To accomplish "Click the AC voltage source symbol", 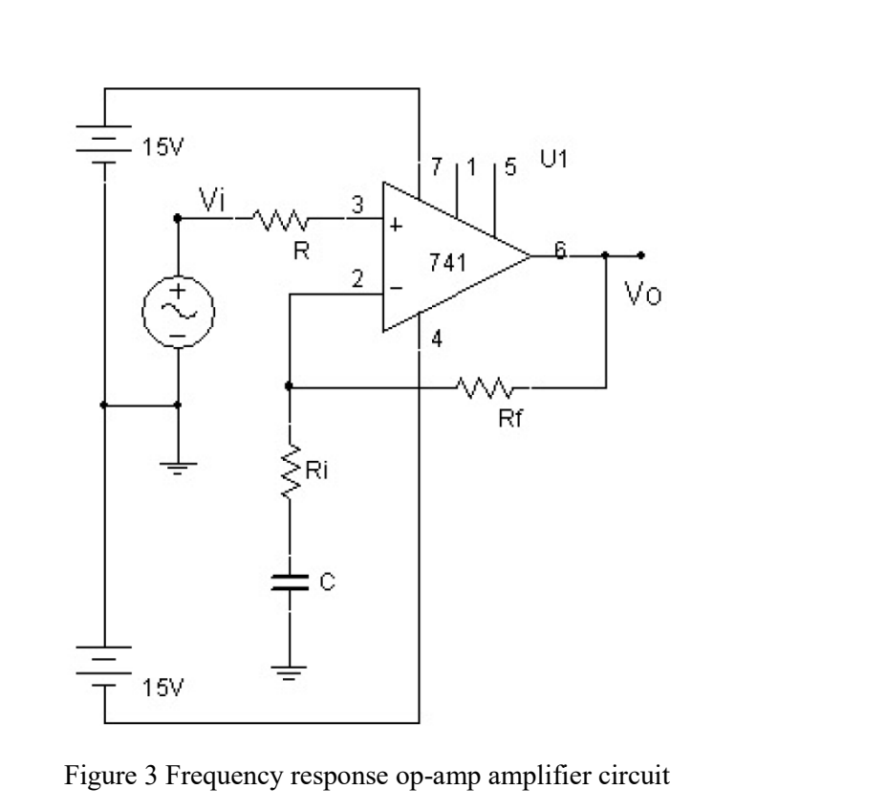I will click(177, 312).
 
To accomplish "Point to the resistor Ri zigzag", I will click(289, 471).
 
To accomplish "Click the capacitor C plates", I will click(289, 583).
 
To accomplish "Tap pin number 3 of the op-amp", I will click(357, 204).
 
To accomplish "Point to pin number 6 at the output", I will click(560, 249).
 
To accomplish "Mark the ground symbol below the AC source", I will click(177, 466).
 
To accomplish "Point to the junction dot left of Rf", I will click(289, 387).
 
